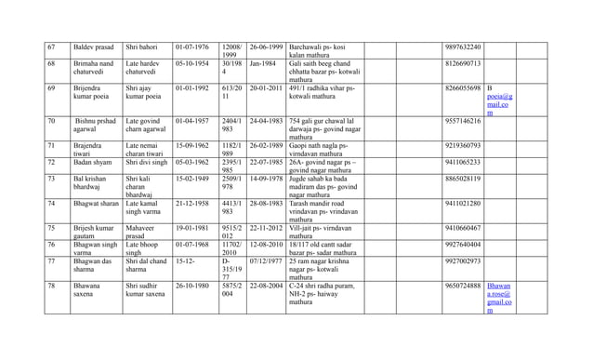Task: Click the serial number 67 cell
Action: [x=52, y=47]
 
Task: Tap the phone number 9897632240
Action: [x=463, y=47]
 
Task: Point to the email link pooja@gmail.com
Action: [x=499, y=100]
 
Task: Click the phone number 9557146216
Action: [x=463, y=121]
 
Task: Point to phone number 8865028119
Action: [x=463, y=179]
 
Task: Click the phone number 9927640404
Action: [x=463, y=245]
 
